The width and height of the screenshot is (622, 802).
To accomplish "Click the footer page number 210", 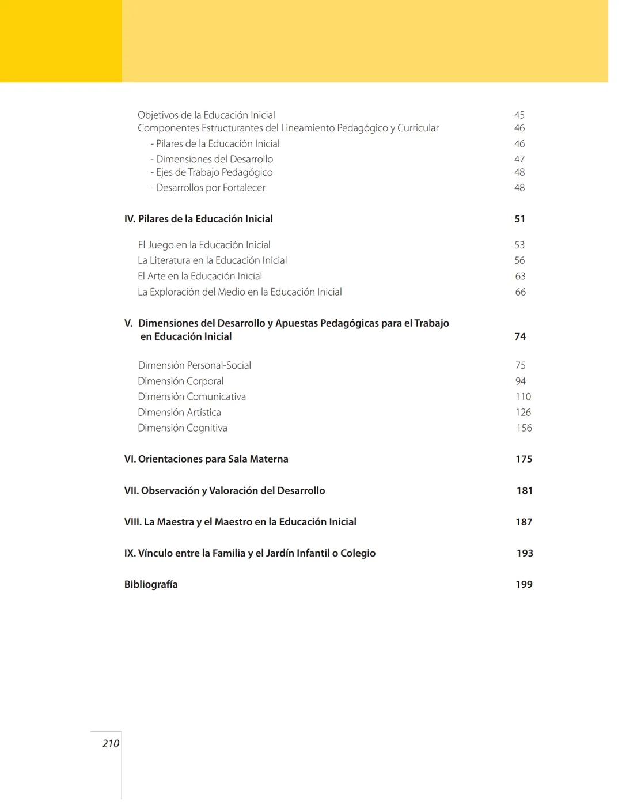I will click(x=111, y=743).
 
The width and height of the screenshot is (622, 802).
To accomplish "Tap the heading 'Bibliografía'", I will click(x=151, y=584).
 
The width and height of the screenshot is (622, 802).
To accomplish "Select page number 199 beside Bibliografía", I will click(x=524, y=584).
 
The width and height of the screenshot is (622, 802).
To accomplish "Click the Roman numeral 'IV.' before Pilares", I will click(x=130, y=219).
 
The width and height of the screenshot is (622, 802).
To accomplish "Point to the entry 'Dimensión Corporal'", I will click(x=180, y=381).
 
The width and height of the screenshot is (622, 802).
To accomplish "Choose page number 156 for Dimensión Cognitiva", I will click(x=524, y=428).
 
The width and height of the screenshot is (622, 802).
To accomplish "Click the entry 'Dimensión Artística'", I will click(x=179, y=413).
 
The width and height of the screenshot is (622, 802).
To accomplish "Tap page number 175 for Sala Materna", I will click(x=524, y=459).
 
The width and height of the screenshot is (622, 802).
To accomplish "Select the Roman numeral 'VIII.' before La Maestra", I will click(x=132, y=522).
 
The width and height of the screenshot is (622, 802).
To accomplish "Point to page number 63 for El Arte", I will click(x=520, y=277).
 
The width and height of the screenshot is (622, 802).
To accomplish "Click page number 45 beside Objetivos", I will click(x=519, y=115).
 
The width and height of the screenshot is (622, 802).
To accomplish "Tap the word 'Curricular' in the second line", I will click(x=418, y=128).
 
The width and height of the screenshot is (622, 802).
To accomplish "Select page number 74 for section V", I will click(x=519, y=336).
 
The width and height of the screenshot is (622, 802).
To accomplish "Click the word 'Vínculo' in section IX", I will click(x=155, y=553).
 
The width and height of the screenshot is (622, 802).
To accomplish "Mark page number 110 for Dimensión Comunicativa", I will click(x=523, y=396).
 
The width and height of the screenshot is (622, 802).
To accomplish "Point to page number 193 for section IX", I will click(x=524, y=553).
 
